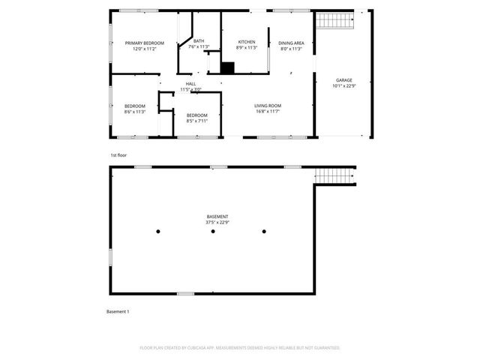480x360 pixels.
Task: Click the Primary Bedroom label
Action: tap(144, 43)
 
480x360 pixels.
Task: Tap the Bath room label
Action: tap(199, 41)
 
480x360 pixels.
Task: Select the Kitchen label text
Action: tap(247, 41)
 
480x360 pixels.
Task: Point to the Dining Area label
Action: tap(292, 43)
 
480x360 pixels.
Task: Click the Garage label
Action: tap(343, 79)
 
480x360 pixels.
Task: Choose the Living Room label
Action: tap(267, 106)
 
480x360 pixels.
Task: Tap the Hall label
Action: tap(190, 83)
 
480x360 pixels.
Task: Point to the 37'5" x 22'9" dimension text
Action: tap(217, 222)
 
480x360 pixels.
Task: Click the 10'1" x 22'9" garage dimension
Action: tap(343, 85)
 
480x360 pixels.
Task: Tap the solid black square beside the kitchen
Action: tap(228, 67)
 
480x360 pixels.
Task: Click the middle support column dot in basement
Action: tap(213, 232)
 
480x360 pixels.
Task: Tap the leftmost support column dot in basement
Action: tap(159, 232)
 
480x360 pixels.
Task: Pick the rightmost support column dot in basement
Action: tap(264, 232)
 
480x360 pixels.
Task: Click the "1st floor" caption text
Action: tap(118, 154)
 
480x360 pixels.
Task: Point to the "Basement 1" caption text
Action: tap(118, 311)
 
